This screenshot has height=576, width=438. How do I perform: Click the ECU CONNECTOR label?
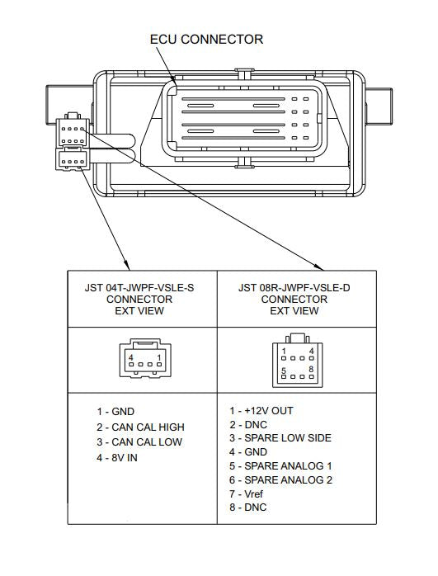point(206,40)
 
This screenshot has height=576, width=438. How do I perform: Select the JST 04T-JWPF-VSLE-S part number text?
point(139,288)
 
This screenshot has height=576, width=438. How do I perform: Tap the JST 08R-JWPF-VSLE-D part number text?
point(294,288)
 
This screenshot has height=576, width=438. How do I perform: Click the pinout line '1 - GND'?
point(115,412)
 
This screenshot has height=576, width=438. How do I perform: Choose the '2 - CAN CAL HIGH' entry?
point(140,427)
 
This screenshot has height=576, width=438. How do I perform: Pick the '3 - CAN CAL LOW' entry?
point(139,442)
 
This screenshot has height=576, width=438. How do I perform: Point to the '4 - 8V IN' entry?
point(117,458)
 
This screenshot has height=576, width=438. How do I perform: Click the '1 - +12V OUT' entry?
point(261,411)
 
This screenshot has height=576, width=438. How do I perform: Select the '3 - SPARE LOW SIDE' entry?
point(280,438)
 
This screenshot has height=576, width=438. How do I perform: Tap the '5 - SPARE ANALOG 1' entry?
point(280,465)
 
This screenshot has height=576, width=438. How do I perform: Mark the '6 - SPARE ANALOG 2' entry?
point(280,479)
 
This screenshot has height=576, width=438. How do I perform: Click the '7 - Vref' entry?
point(247,493)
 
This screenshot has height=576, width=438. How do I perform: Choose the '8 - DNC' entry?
point(248,508)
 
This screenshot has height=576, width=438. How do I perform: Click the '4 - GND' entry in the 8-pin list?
point(248,452)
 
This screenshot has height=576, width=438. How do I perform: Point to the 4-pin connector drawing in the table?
point(145,358)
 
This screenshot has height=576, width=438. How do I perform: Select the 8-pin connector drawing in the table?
point(298,360)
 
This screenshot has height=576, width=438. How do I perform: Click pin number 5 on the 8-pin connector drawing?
point(284,371)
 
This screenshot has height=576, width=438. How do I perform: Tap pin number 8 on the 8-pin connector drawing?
point(311,369)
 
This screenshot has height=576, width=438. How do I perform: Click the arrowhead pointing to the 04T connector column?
point(127,266)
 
